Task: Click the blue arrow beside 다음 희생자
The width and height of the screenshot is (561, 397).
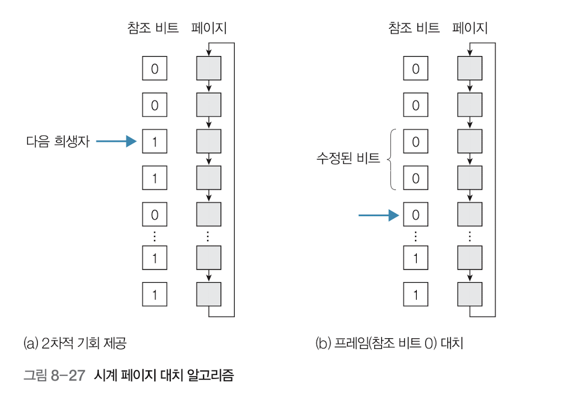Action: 116,141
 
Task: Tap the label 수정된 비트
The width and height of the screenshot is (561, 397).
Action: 348,159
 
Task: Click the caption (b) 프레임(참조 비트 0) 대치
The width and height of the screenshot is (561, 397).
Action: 389,343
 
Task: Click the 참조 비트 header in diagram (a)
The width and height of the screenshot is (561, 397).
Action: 153,28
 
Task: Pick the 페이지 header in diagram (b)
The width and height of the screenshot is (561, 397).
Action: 470,28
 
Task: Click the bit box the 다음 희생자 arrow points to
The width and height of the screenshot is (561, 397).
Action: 154,142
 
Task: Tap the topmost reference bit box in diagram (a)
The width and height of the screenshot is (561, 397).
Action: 154,69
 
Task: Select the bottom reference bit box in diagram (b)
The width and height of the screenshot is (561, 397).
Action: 416,295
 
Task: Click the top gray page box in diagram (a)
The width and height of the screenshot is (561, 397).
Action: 209,69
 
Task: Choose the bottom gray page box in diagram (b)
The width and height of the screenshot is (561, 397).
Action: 470,295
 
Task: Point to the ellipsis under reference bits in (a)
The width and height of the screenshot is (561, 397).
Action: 154,235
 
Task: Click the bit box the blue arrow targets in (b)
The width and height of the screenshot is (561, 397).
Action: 416,215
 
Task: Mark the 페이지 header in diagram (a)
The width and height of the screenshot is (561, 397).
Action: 209,28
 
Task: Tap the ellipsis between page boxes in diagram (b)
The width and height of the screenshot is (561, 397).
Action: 470,235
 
